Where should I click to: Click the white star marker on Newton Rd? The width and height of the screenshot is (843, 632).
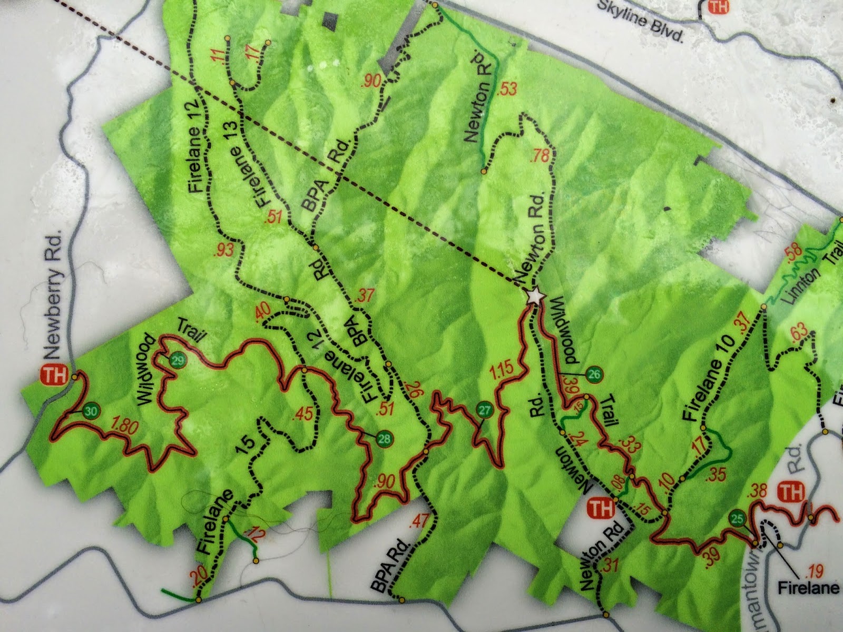(x=535, y=297)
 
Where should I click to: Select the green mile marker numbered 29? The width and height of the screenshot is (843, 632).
(x=178, y=361)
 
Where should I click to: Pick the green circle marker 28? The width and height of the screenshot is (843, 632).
(x=384, y=437)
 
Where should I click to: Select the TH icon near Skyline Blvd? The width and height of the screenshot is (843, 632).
(x=717, y=7)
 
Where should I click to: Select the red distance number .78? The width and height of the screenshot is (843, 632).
(x=541, y=156)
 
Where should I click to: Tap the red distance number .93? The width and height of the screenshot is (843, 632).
(x=224, y=250)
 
